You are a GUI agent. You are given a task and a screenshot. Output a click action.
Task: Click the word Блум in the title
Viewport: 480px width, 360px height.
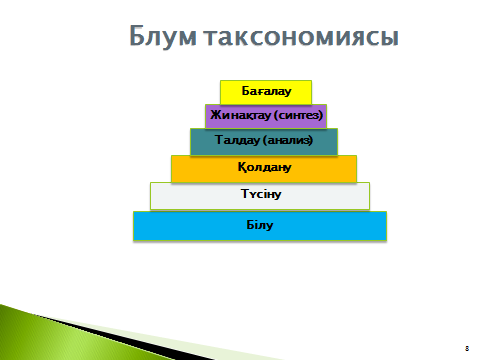click(x=163, y=36)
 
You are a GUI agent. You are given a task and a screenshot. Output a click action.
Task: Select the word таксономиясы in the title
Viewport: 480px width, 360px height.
click(x=302, y=36)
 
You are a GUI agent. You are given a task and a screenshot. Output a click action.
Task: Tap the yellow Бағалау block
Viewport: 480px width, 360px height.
click(x=266, y=92)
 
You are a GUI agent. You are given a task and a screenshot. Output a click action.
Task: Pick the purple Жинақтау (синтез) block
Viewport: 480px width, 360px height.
click(x=266, y=116)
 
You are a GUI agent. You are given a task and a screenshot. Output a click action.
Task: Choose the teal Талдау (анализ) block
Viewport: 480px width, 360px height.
click(x=264, y=142)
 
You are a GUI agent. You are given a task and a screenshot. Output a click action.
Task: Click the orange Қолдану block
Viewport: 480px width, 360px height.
click(x=264, y=169)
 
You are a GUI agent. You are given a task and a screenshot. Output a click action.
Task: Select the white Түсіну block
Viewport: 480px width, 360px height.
click(x=260, y=196)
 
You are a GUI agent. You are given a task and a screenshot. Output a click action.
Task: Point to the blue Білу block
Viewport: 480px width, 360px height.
click(x=260, y=226)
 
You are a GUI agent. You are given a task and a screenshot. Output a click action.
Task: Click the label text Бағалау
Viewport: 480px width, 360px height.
click(x=266, y=91)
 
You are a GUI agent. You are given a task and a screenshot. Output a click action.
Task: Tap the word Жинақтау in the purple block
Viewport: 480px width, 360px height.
click(x=240, y=115)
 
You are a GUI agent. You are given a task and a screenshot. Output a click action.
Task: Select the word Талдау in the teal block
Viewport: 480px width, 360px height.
click(x=237, y=140)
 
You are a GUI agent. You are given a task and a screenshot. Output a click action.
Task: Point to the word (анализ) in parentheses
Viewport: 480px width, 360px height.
click(x=288, y=140)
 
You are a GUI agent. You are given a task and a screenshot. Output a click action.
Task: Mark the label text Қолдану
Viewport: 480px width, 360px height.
click(x=264, y=167)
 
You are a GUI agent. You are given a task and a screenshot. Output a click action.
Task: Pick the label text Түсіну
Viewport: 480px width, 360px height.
click(x=261, y=194)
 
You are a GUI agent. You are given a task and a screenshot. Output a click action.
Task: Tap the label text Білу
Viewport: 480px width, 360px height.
click(x=260, y=225)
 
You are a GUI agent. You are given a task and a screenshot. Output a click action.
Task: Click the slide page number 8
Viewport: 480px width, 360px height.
click(x=467, y=348)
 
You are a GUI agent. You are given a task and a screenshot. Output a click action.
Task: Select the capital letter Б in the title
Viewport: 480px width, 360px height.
click(x=136, y=35)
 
